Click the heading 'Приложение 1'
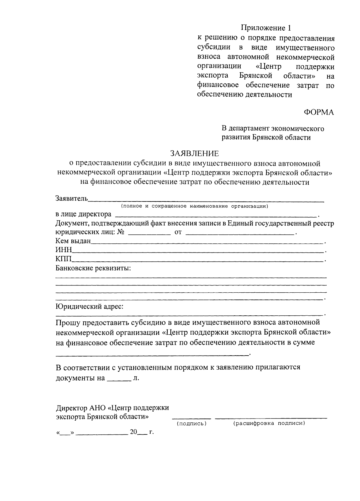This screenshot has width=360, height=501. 266,28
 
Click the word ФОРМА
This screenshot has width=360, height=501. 319,112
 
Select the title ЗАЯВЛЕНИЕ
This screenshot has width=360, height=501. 195,153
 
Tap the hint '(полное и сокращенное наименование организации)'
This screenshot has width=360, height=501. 194,206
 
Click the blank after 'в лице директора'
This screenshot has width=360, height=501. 215,215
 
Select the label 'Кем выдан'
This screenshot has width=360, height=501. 73,241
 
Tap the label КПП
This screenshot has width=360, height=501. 64,259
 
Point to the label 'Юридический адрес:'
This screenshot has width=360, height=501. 89,306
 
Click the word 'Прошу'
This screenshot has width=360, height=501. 68,323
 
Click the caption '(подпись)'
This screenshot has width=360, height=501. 191,423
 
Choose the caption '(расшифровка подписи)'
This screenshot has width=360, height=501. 269,423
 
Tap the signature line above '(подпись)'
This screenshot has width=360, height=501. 191,418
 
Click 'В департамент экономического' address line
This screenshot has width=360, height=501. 273,129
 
